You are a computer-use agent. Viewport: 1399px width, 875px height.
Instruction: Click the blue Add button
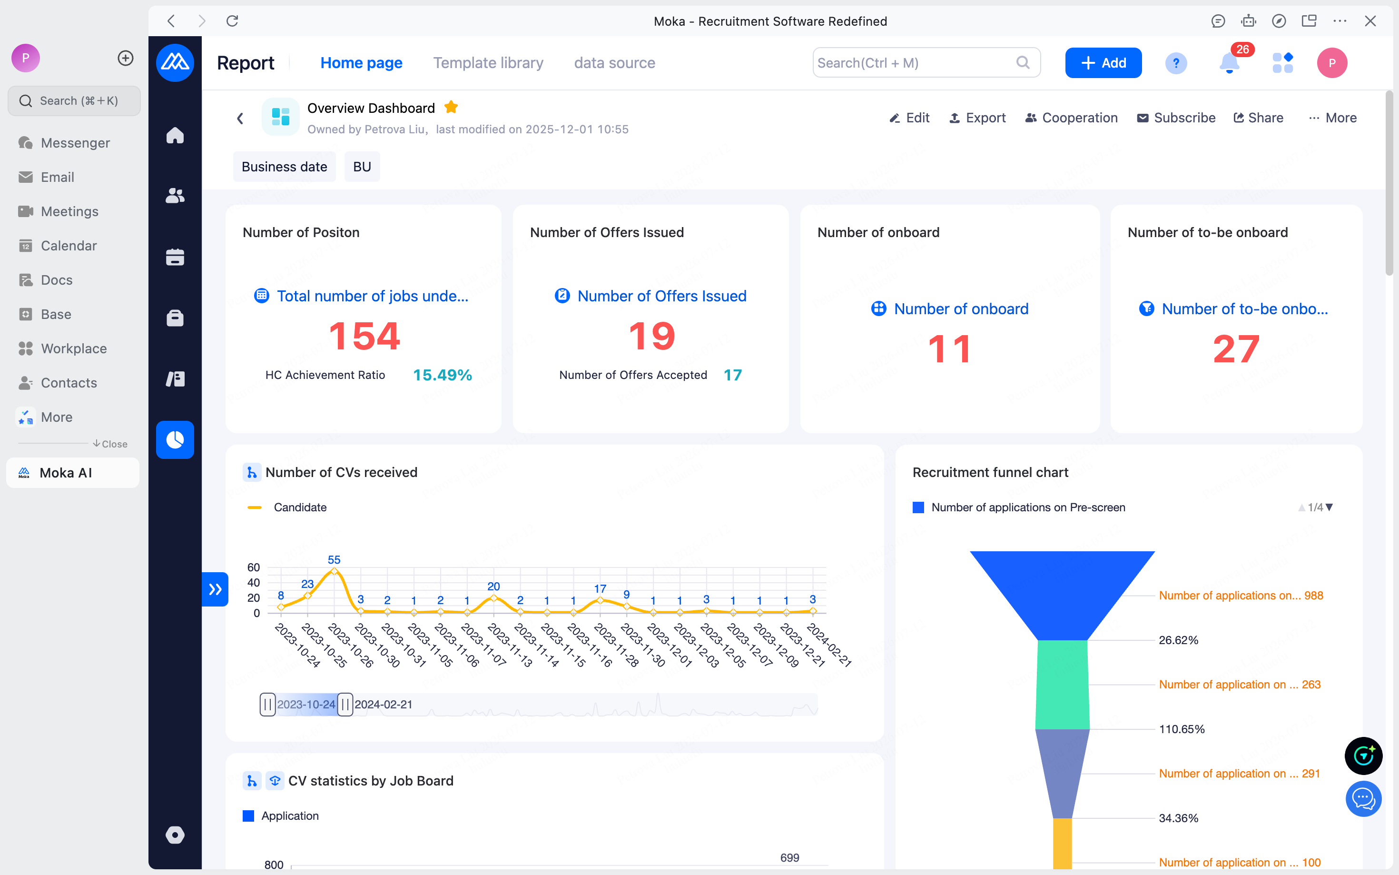pos(1103,62)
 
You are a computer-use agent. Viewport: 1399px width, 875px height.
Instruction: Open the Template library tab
pos(488,62)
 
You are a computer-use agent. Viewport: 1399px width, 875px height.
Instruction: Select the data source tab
pos(614,62)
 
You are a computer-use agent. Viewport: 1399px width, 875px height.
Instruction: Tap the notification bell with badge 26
pos(1230,62)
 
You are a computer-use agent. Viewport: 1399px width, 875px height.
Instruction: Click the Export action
pos(977,118)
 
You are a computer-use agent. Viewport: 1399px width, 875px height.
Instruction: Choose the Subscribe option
pos(1176,118)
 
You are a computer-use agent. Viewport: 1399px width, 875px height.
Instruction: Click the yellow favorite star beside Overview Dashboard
pos(451,107)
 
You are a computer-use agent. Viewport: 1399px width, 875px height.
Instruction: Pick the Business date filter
pos(284,167)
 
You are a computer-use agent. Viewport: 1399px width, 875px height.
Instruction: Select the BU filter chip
pos(362,167)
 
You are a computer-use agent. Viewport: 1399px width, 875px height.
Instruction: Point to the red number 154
pos(365,336)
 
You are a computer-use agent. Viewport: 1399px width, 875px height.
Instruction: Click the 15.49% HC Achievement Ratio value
pos(443,375)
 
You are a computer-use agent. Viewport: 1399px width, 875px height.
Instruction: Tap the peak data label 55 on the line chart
pos(334,559)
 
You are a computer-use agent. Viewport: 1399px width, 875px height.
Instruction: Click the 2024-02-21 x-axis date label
pos(829,645)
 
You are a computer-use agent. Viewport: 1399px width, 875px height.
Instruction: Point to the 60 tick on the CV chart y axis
pos(253,567)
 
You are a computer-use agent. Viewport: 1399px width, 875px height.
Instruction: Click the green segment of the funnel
pos(1063,685)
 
